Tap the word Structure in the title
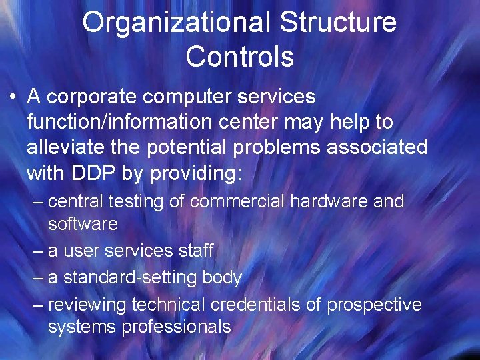click(x=339, y=23)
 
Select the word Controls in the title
click(x=240, y=57)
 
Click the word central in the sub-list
click(x=75, y=201)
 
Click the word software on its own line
click(x=83, y=224)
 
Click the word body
click(x=223, y=277)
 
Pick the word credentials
click(x=266, y=305)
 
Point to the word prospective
click(x=374, y=305)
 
